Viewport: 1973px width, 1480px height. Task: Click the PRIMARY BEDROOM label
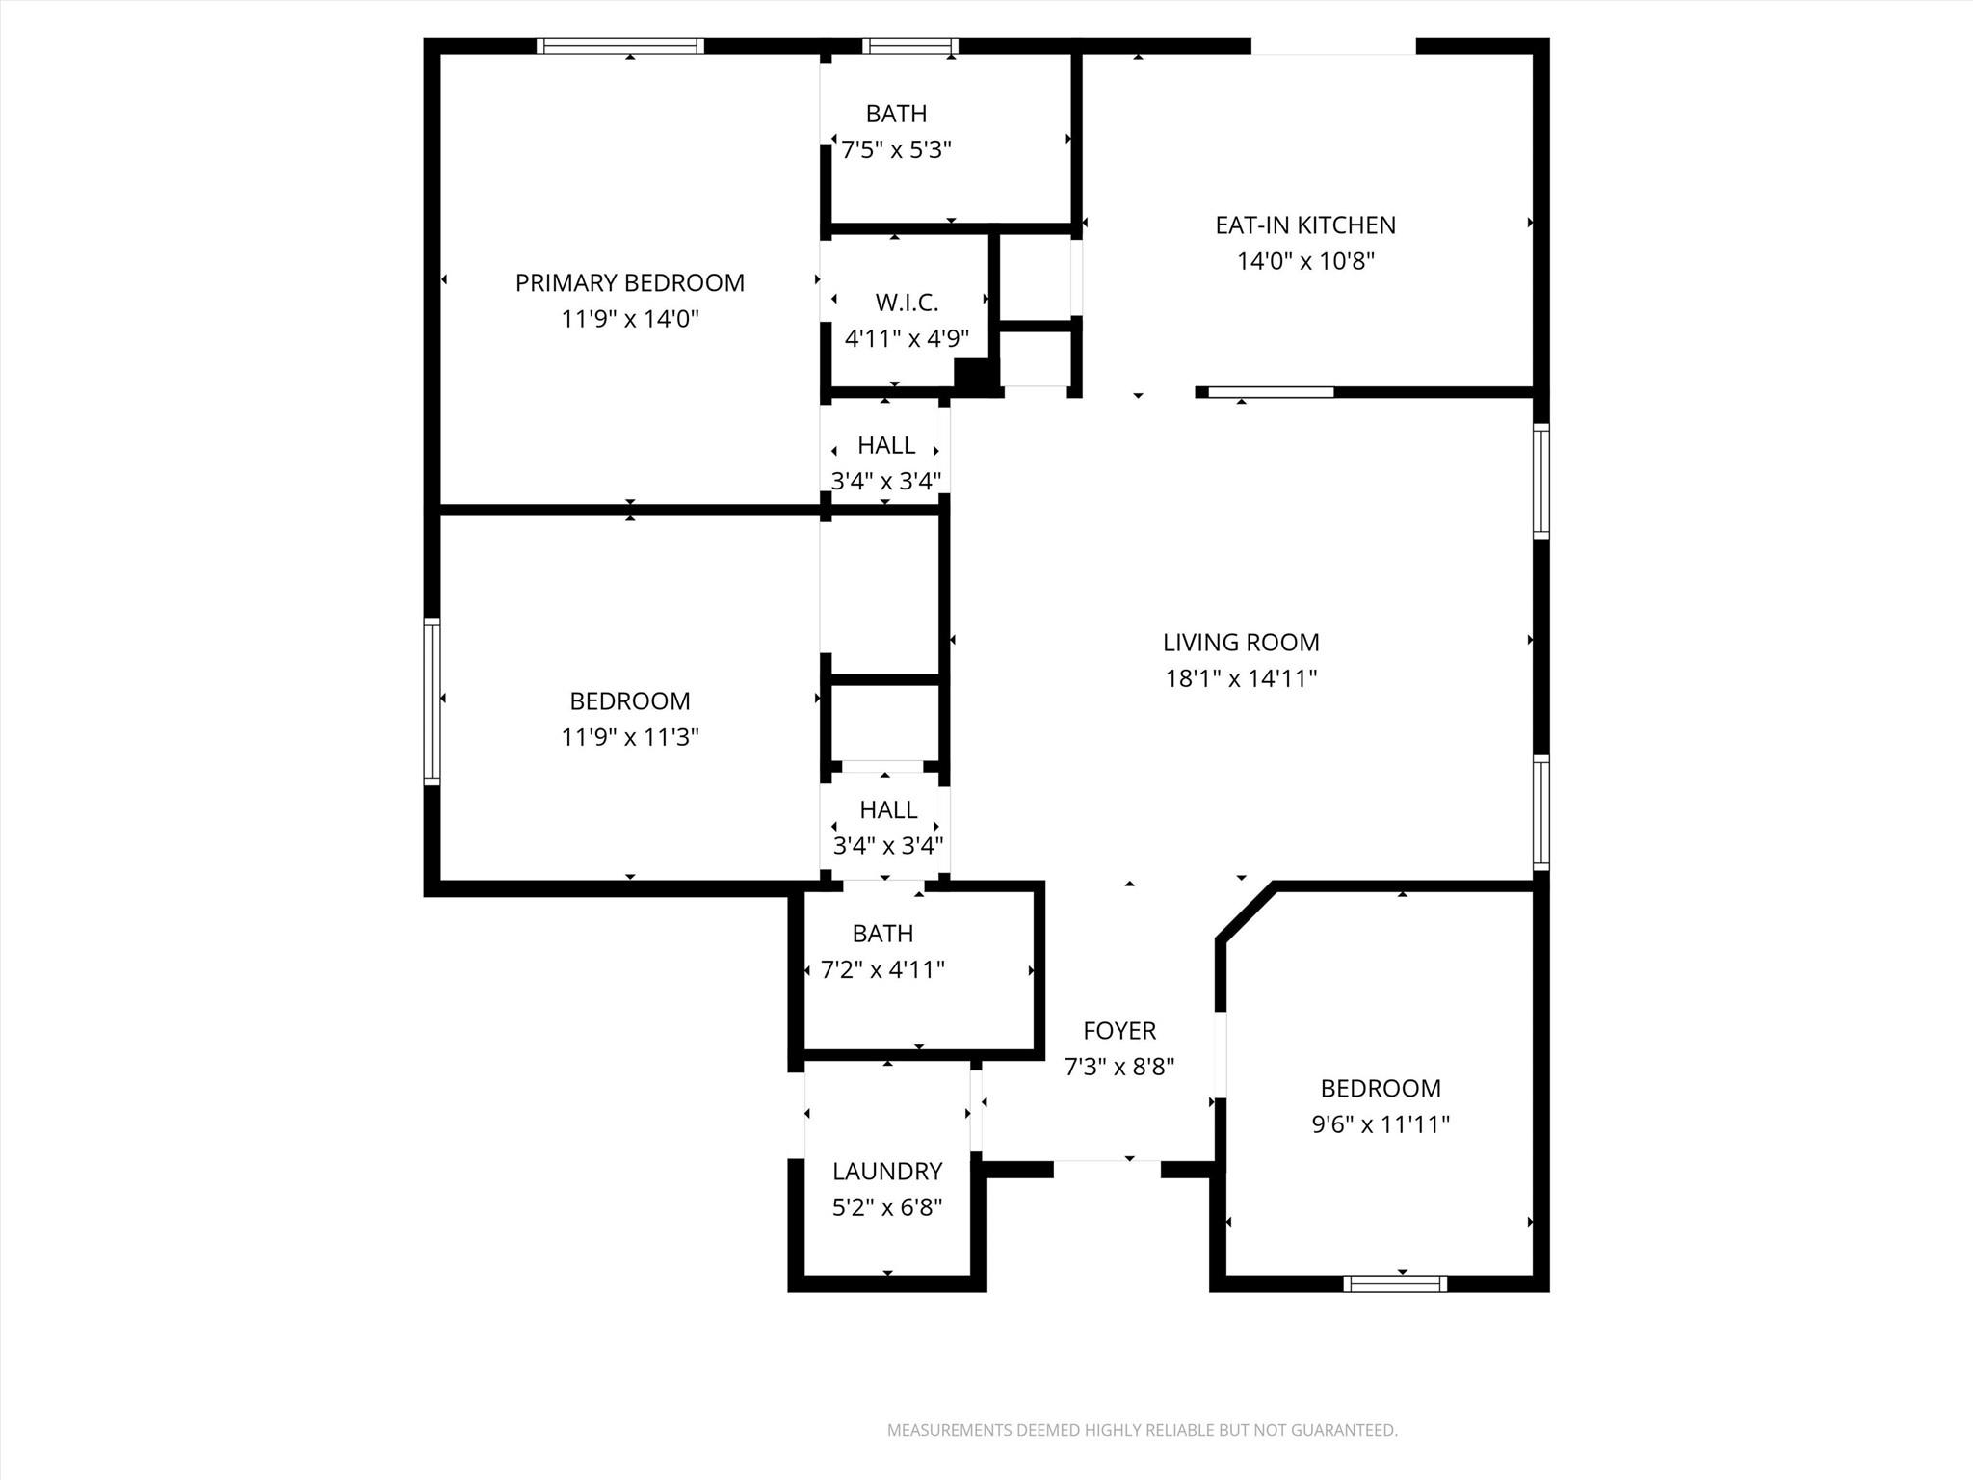tap(629, 282)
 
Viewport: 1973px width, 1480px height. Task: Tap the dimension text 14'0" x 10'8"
tap(1305, 261)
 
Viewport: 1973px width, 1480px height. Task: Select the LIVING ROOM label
tap(1241, 642)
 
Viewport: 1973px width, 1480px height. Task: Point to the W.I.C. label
tap(907, 303)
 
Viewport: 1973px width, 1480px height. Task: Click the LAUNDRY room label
tap(887, 1171)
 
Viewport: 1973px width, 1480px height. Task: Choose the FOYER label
tap(1118, 1031)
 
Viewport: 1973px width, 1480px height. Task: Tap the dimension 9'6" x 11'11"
tap(1381, 1124)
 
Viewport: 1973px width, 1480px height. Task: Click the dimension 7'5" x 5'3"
tap(896, 150)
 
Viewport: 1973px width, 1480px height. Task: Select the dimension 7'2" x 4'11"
tap(882, 969)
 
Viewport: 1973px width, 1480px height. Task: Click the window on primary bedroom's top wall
tap(620, 45)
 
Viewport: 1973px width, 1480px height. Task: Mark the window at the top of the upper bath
tap(910, 45)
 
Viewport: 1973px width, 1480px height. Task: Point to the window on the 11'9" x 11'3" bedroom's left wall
tap(433, 700)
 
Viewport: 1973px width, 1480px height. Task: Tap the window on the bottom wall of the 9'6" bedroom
tap(1395, 1282)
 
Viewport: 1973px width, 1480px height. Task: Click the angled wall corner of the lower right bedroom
tap(1247, 912)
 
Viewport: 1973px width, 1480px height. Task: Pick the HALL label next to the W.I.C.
tap(886, 445)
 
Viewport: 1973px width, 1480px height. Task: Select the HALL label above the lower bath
tap(888, 809)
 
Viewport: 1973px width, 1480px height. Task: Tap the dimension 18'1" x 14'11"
tap(1241, 678)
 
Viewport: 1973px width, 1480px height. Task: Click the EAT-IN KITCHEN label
tap(1305, 225)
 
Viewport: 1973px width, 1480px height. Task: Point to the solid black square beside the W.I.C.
tap(974, 375)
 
